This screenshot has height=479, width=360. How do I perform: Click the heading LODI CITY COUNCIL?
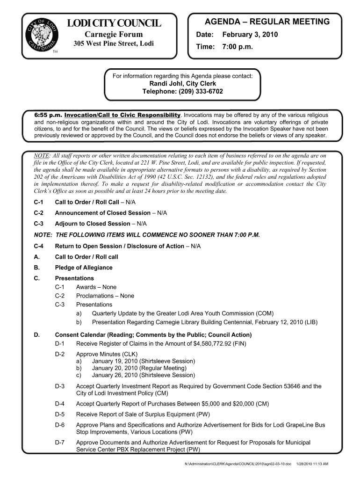[114, 23]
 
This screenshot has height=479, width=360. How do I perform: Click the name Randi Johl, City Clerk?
[182, 83]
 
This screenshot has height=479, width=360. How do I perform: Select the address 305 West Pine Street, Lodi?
[114, 44]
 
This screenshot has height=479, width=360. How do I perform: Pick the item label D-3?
[59, 386]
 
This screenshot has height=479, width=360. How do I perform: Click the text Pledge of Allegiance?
[84, 268]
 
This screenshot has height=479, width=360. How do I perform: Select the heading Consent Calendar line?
[153, 335]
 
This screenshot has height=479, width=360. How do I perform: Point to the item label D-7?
[59, 442]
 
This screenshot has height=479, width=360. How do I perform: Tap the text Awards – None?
[96, 287]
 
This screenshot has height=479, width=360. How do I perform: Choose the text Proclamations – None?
[105, 296]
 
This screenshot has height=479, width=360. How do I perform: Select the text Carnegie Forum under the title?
[114, 35]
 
